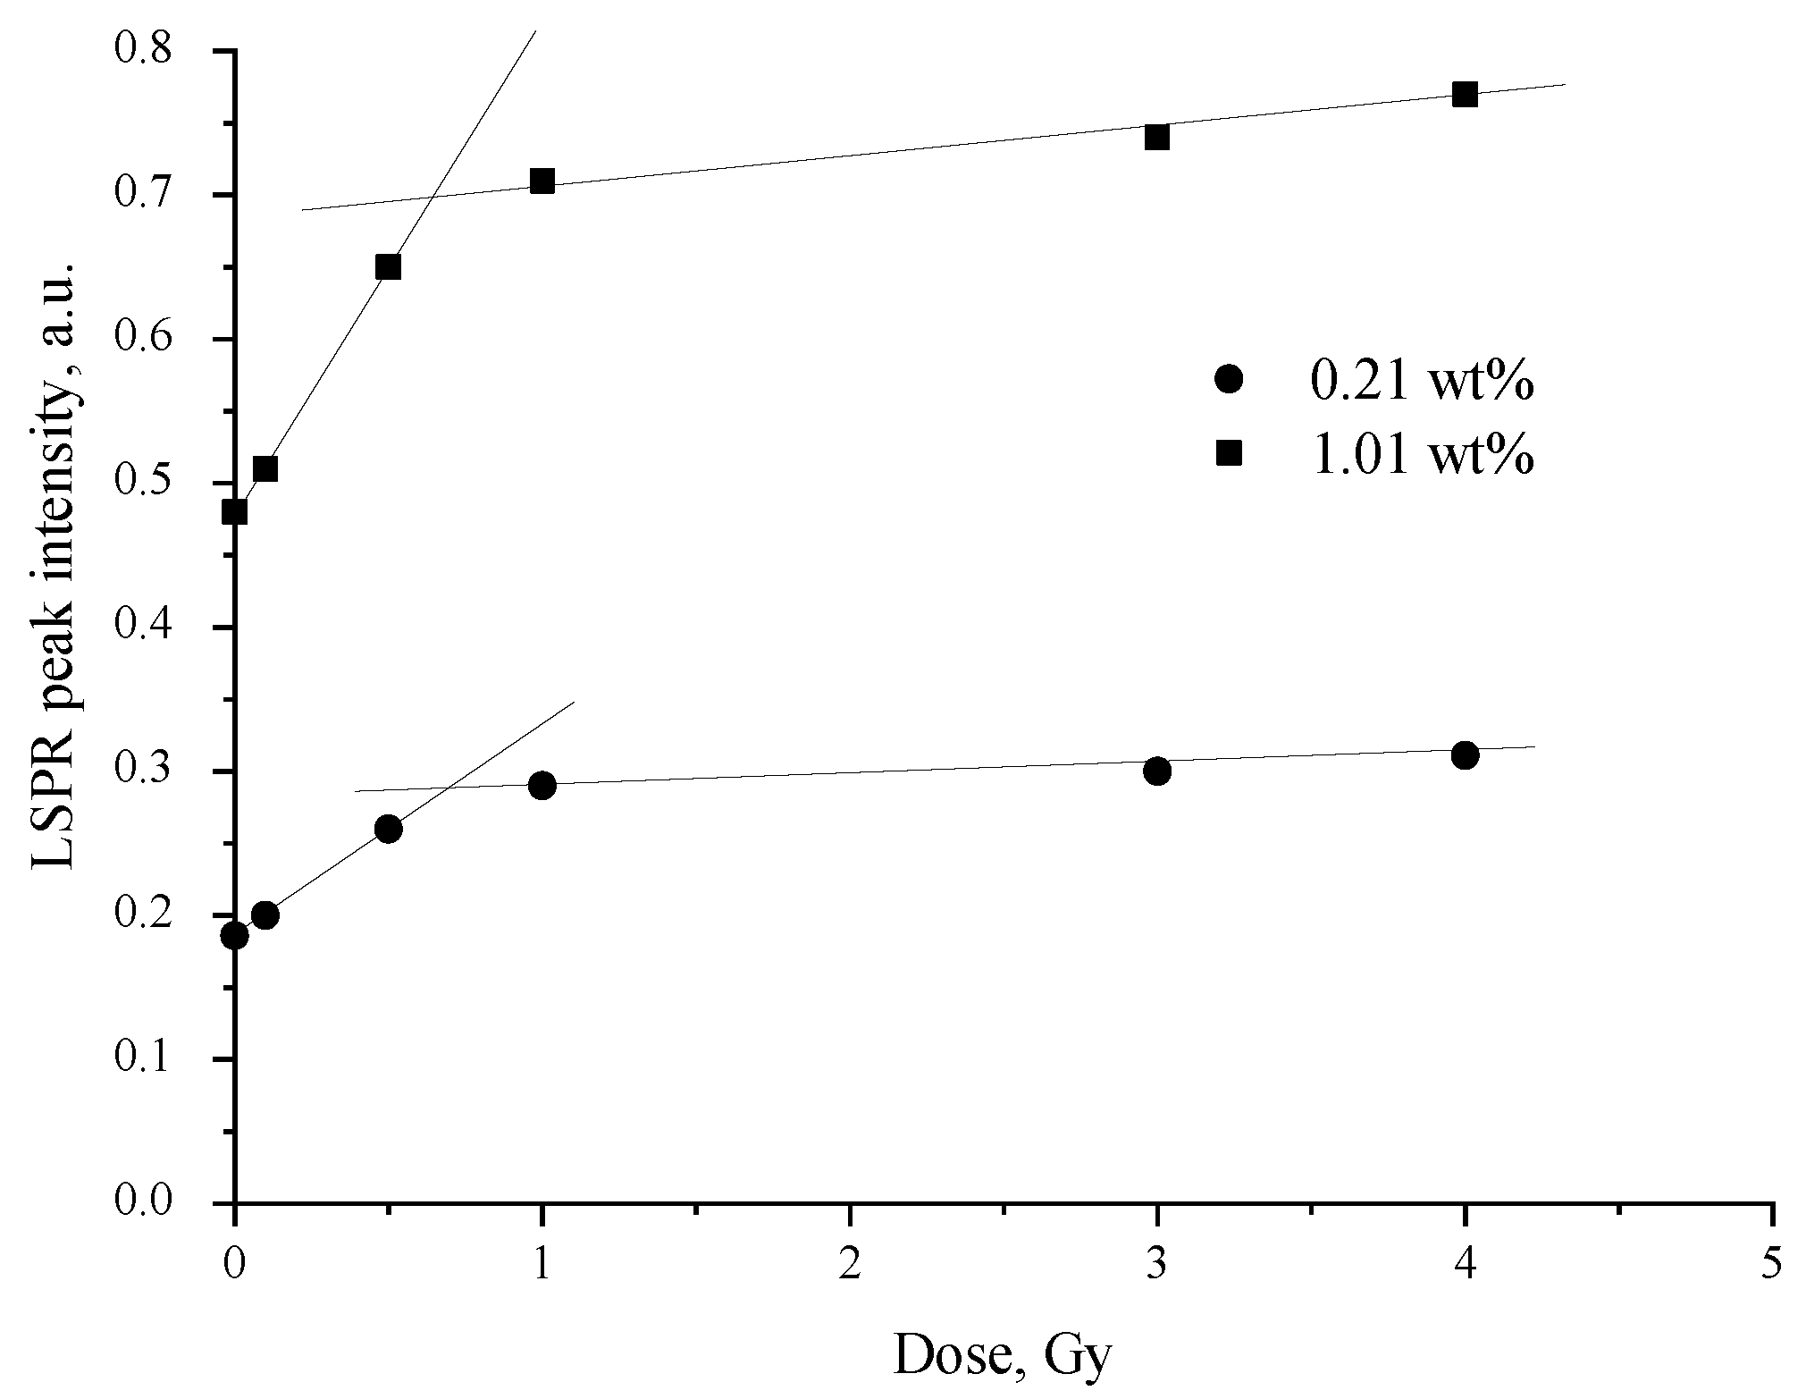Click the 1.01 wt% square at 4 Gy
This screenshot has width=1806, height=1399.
coord(1465,95)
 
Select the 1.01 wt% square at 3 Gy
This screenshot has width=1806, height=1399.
coord(1157,138)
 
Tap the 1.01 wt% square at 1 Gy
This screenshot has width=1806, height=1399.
coord(542,181)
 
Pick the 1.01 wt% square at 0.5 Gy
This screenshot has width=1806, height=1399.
coord(388,267)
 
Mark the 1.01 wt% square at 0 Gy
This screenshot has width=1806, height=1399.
coord(235,512)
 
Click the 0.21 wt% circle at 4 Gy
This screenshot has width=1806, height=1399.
coord(1465,755)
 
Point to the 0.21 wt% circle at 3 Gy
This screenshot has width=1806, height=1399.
coord(1157,771)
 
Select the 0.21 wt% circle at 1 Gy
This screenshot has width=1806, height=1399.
coord(542,786)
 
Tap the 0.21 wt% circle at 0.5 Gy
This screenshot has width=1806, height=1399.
coord(388,829)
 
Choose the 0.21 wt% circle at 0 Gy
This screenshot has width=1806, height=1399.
coord(235,936)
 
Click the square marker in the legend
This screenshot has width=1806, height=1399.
coord(1230,454)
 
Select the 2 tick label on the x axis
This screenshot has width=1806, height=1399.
coord(849,1266)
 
